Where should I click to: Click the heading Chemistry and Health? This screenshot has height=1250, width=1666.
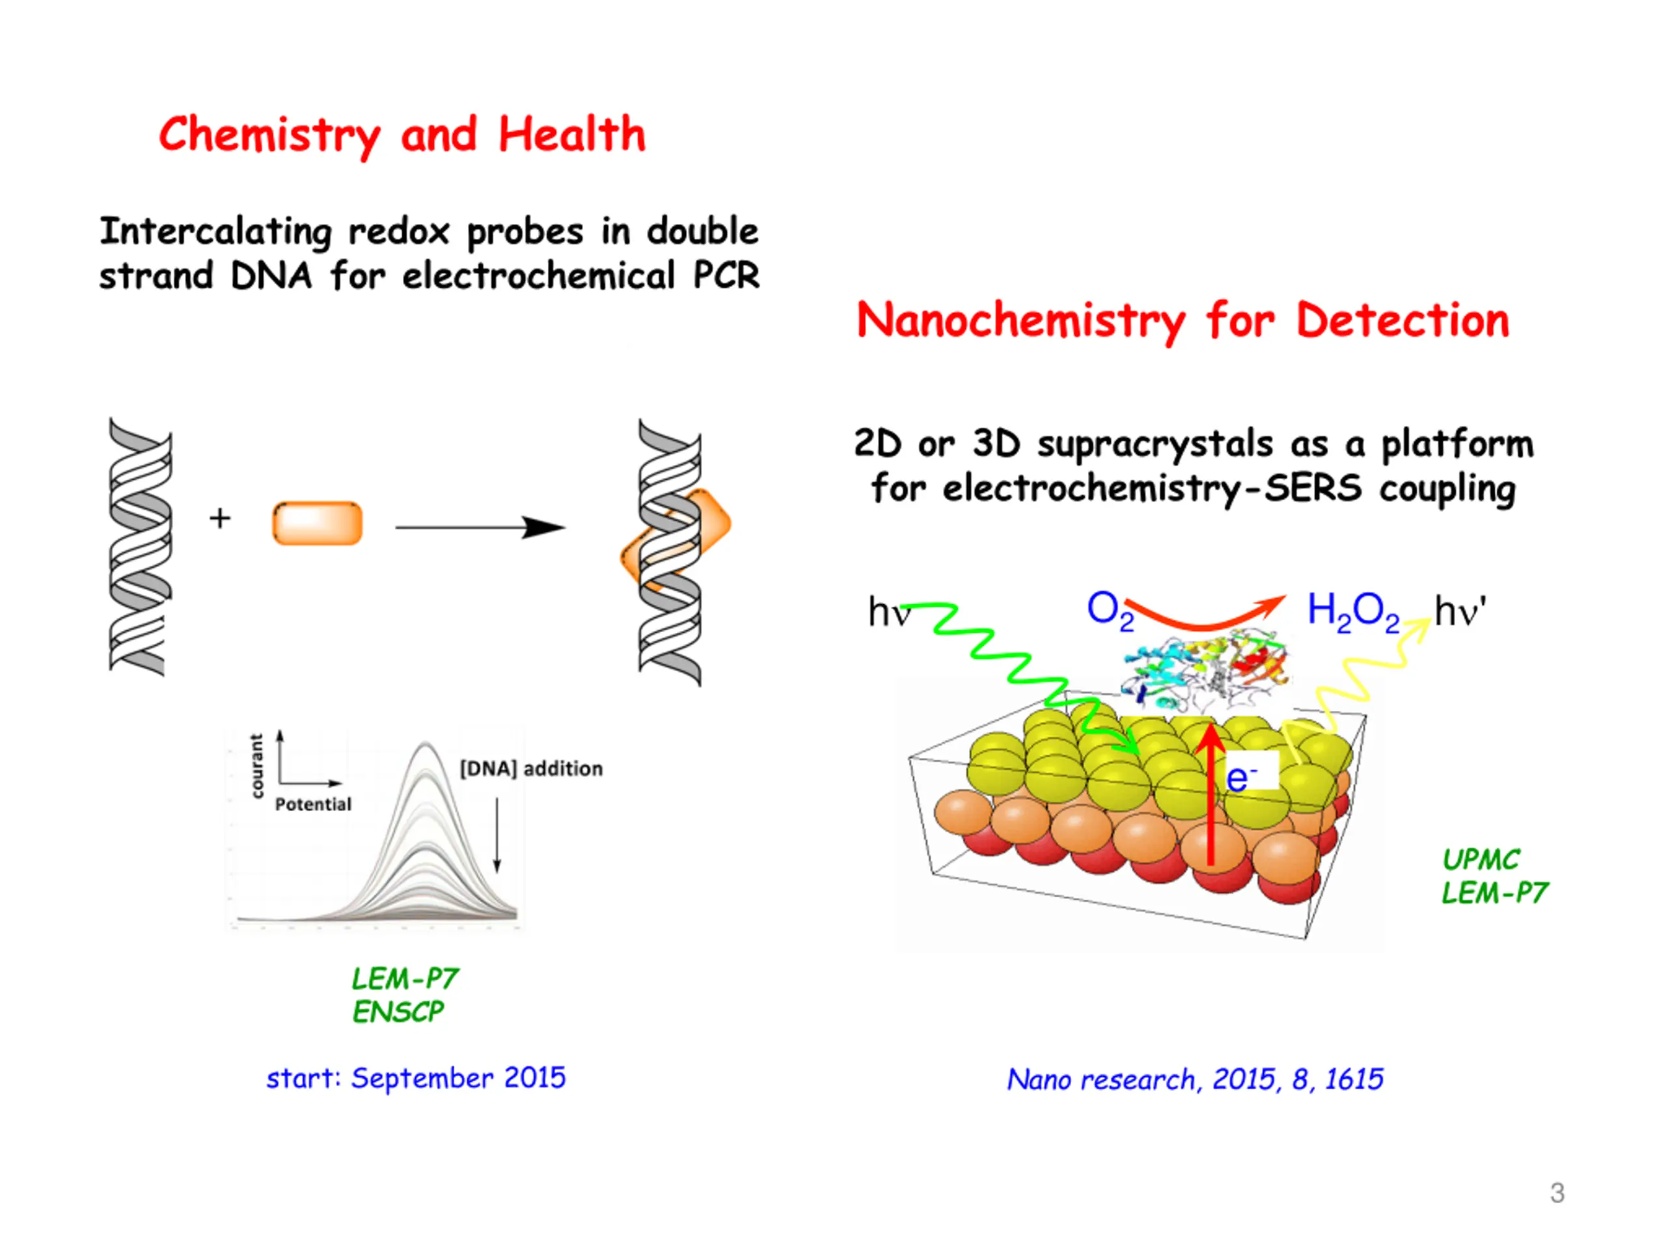pos(402,135)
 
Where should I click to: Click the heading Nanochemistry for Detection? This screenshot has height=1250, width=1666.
pos(1182,320)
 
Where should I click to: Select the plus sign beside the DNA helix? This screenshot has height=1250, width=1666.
pos(220,518)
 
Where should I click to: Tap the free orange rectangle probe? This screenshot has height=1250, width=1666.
pos(317,523)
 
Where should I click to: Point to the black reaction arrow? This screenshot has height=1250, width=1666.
pos(480,527)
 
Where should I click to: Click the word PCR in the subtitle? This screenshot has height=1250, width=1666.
pos(726,276)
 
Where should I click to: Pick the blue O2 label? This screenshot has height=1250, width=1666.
pos(1109,610)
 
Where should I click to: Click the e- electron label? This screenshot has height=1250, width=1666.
pos(1240,777)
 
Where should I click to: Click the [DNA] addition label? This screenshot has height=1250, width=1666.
pos(531,768)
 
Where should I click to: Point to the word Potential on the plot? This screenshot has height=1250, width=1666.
pos(313,805)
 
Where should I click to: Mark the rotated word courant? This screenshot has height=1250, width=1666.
pos(258,766)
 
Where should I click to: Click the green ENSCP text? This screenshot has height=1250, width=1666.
pos(398,1012)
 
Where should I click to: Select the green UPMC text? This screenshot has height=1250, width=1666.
pos(1481,860)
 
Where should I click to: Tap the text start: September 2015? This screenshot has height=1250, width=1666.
pos(416,1078)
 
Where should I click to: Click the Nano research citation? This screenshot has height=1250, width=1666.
pos(1195,1079)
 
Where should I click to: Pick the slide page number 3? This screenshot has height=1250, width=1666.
pos(1557,1193)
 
